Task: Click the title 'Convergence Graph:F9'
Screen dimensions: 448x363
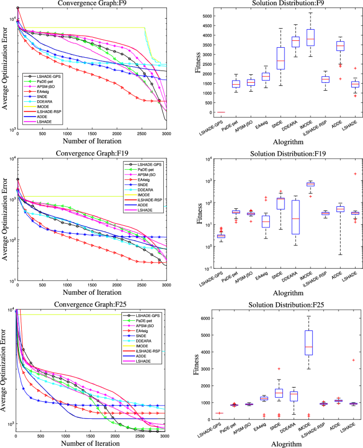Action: [91, 3]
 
